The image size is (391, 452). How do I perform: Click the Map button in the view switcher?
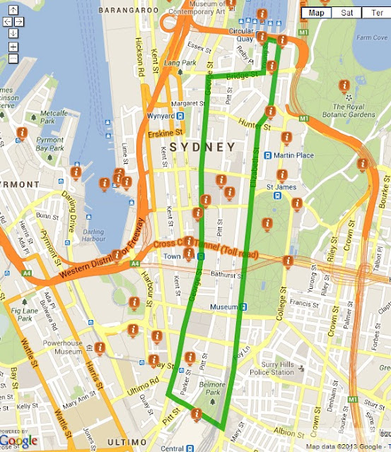tap(317, 13)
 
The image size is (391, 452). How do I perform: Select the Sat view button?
tap(346, 13)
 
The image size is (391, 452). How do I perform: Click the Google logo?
tap(19, 441)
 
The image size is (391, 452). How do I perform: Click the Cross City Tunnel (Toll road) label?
tap(206, 247)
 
